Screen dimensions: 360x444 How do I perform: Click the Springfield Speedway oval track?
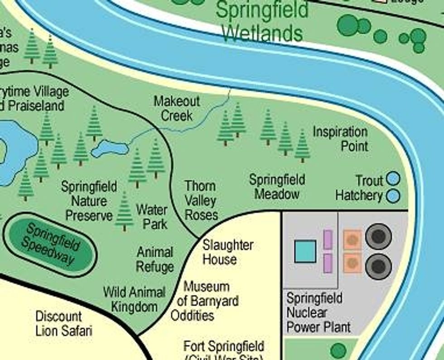coord(50,245)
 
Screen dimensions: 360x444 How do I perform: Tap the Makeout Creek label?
coord(177,108)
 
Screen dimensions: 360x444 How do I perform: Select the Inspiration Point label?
coord(340,139)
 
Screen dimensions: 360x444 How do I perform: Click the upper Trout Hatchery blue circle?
coord(393,179)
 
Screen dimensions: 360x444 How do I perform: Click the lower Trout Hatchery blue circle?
coord(393,196)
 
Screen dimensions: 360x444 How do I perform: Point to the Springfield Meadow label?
coord(277,187)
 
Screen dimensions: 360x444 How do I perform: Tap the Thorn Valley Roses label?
coord(201,201)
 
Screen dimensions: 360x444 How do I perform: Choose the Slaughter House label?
coord(227,252)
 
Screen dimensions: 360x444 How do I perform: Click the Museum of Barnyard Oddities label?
coord(205,301)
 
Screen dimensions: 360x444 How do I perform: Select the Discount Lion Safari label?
coord(63,323)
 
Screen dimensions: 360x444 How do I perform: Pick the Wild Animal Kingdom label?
coord(134,299)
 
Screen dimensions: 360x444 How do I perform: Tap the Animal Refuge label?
coord(155,259)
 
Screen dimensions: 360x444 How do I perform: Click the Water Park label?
coord(152,217)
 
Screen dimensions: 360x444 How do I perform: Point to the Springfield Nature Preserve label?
coord(89,201)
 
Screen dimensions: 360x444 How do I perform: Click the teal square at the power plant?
coord(305,251)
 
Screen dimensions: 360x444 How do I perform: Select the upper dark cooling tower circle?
coord(378,236)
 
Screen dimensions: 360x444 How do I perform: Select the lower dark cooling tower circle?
coord(378,265)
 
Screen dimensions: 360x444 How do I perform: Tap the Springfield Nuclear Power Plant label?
coord(319,312)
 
